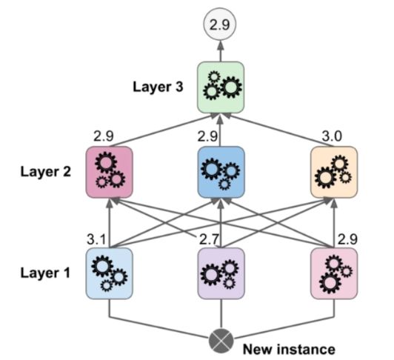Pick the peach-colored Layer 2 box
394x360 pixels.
pos(333,171)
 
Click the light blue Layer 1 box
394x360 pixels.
pos(110,273)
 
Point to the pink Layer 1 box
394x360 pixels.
pos(333,273)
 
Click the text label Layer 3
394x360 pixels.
pos(158,85)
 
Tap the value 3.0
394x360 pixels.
pos(335,138)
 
